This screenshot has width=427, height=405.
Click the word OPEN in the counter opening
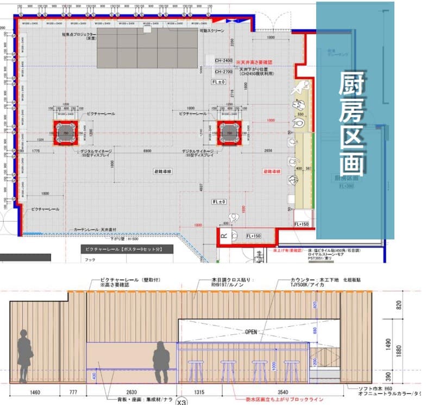pos(251,332)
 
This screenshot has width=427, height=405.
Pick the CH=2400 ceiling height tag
pos(223,61)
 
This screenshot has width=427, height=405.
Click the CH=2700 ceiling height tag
pos(223,71)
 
